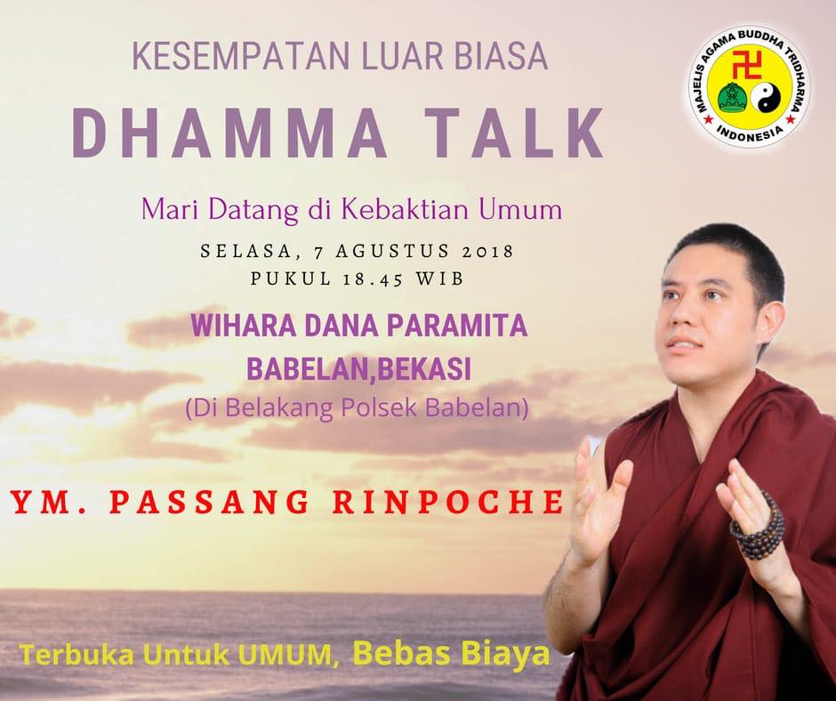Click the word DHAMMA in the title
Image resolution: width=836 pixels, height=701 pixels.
(230, 133)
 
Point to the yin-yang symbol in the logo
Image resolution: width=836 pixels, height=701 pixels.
(766, 98)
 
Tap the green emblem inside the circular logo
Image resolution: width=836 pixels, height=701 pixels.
(731, 98)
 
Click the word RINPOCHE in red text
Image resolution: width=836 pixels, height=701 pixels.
(448, 503)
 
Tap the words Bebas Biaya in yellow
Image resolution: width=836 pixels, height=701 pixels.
(451, 653)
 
